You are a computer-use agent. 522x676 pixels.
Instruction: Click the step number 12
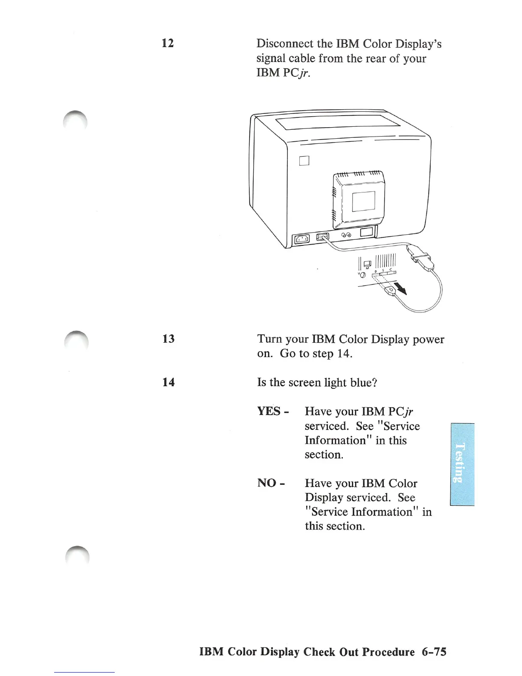168,43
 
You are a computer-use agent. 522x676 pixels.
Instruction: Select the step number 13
168,339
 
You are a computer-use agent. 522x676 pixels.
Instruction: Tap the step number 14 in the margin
168,382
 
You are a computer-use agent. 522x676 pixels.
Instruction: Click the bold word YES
270,411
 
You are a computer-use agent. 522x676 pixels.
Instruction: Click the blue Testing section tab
462,463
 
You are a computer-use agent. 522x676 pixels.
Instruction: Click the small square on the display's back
304,160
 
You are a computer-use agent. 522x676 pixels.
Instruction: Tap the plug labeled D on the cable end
390,291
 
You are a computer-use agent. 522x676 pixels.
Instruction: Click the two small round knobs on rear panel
346,235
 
